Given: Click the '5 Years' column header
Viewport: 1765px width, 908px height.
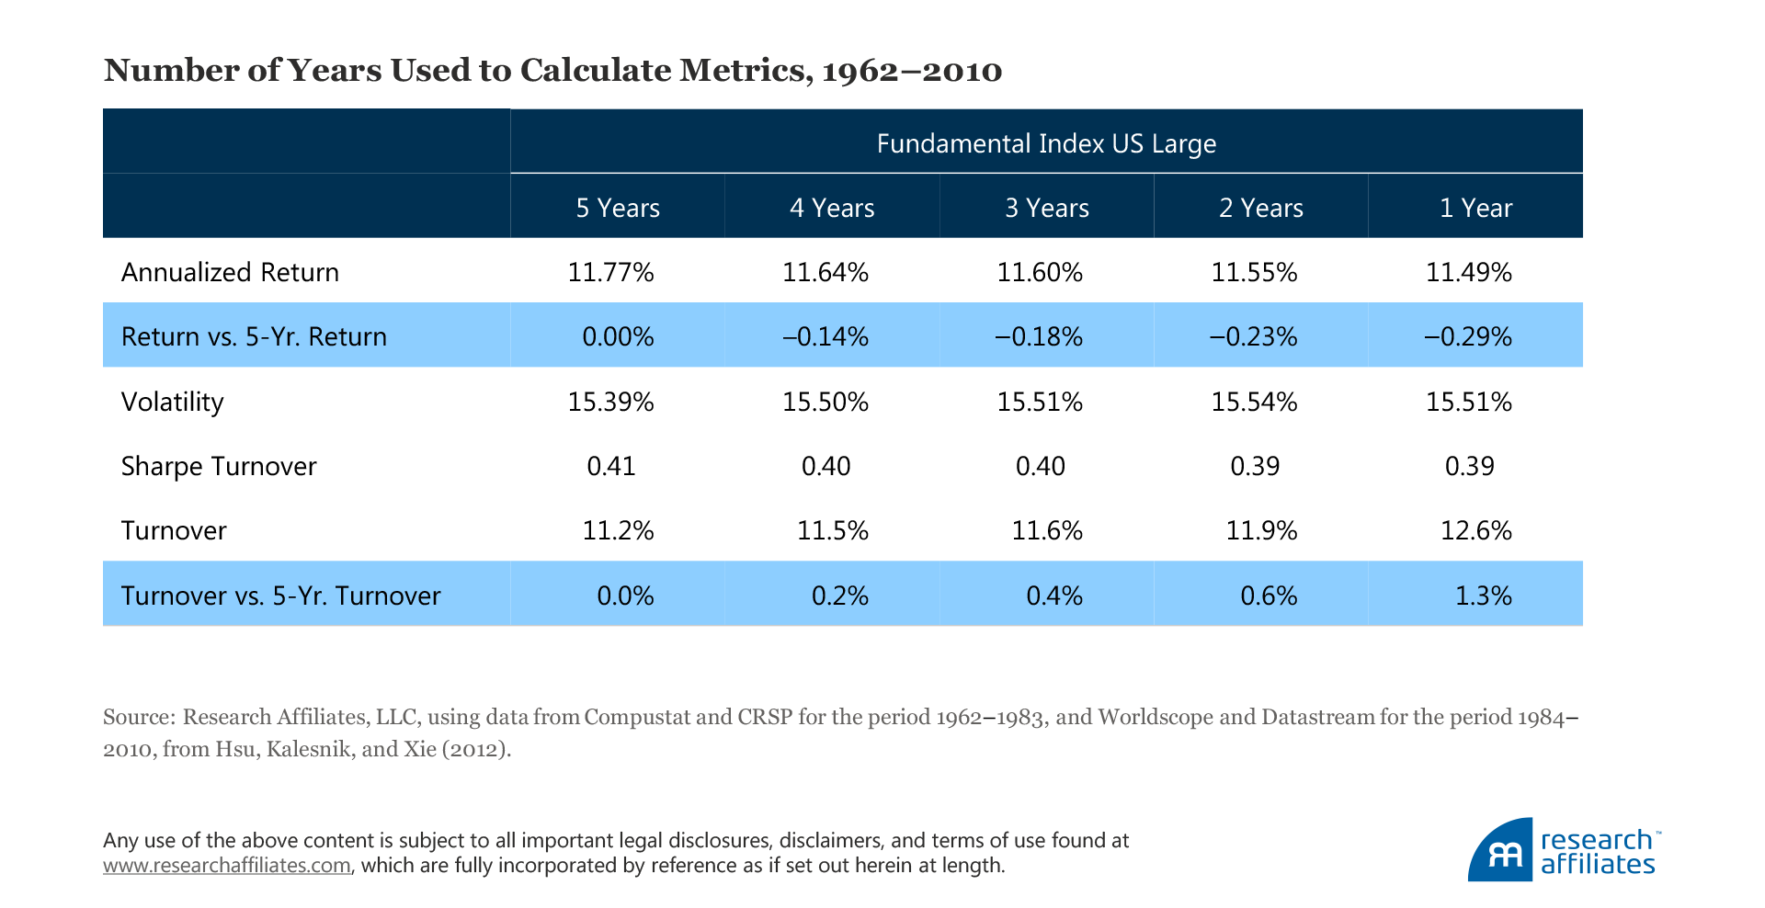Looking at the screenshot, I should pyautogui.click(x=618, y=208).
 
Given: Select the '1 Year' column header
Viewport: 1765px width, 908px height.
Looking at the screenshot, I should pyautogui.click(x=1475, y=208).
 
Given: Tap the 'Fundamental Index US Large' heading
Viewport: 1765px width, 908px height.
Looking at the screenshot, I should pyautogui.click(x=1046, y=143).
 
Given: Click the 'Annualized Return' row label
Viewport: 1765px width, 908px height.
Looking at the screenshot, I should pyautogui.click(x=230, y=272).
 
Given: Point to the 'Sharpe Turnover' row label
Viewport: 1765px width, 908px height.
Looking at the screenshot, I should pyautogui.click(x=219, y=466).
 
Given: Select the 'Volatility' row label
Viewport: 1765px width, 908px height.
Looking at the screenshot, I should pyautogui.click(x=173, y=402).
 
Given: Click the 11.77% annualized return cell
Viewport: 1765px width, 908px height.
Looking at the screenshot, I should pyautogui.click(x=610, y=272).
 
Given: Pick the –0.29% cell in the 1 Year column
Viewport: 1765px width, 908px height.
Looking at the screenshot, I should pyautogui.click(x=1468, y=336).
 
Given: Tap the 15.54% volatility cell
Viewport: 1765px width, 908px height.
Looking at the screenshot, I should pyautogui.click(x=1254, y=402).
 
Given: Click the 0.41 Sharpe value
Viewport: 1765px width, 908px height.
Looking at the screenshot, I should pyautogui.click(x=611, y=466).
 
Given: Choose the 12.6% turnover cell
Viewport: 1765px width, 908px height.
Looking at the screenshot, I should pyautogui.click(x=1475, y=530).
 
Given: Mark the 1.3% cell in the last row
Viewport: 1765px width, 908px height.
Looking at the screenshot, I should pyautogui.click(x=1483, y=596).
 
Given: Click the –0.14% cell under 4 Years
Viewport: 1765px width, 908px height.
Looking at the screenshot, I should pyautogui.click(x=825, y=336).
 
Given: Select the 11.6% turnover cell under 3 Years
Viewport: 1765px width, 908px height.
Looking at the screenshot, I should pyautogui.click(x=1047, y=530).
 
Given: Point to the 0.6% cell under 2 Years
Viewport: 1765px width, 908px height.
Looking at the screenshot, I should pyautogui.click(x=1269, y=596).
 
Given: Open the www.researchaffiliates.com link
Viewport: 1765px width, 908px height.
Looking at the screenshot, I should pyautogui.click(x=227, y=866).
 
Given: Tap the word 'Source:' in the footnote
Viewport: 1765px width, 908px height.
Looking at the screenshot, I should pyautogui.click(x=139, y=717).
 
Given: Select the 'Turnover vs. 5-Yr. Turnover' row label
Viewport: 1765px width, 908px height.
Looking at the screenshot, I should pyautogui.click(x=280, y=596).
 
